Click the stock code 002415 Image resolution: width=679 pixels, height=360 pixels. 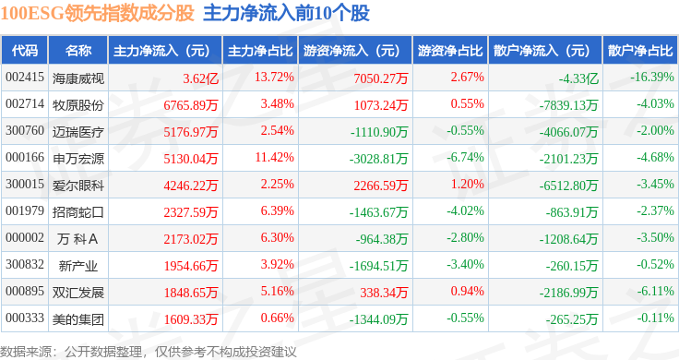pyautogui.click(x=25, y=78)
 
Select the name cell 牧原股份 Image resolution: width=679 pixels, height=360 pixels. pyautogui.click(x=78, y=105)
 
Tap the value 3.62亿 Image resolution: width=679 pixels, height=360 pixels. pyautogui.click(x=200, y=78)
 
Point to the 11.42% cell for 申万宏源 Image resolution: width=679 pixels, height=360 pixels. pyautogui.click(x=274, y=157)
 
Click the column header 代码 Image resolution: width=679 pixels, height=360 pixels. pyautogui.click(x=25, y=50)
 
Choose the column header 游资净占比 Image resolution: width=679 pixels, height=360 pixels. pyautogui.click(x=450, y=51)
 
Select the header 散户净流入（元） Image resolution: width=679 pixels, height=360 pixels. pyautogui.click(x=545, y=51)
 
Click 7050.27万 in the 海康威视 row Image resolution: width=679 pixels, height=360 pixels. pyautogui.click(x=381, y=78)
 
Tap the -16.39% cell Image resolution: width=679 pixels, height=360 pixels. pyautogui.click(x=652, y=78)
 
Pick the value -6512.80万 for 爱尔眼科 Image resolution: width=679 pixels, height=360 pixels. pyautogui.click(x=568, y=186)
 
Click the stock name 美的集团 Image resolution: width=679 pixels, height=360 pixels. pyautogui.click(x=78, y=319)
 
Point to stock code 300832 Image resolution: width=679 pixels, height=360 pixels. pyautogui.click(x=25, y=264)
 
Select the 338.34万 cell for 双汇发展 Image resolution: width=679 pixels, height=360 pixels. pyautogui.click(x=384, y=293)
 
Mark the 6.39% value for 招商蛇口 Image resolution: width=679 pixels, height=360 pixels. pyautogui.click(x=277, y=211)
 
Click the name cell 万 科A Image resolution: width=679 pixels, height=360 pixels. pyautogui.click(x=77, y=239)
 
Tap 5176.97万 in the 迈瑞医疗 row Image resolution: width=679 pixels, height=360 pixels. pyautogui.click(x=191, y=132)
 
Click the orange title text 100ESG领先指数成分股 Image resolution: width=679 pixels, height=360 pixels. pyautogui.click(x=97, y=14)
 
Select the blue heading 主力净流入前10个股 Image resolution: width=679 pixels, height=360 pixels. pyautogui.click(x=286, y=14)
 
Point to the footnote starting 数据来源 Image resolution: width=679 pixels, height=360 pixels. pyautogui.click(x=149, y=352)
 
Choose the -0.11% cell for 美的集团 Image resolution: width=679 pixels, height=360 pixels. pyautogui.click(x=655, y=318)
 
